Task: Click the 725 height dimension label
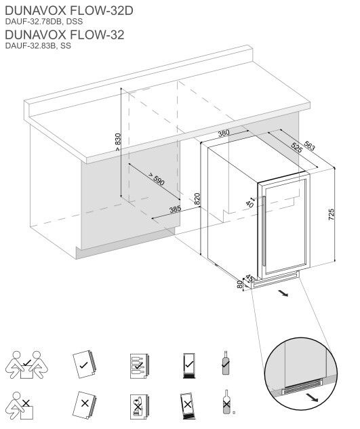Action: [x=332, y=215]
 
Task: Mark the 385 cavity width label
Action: [x=175, y=209]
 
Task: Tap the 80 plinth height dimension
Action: [x=240, y=284]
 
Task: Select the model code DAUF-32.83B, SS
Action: [x=37, y=46]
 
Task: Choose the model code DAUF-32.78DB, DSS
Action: [x=43, y=21]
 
